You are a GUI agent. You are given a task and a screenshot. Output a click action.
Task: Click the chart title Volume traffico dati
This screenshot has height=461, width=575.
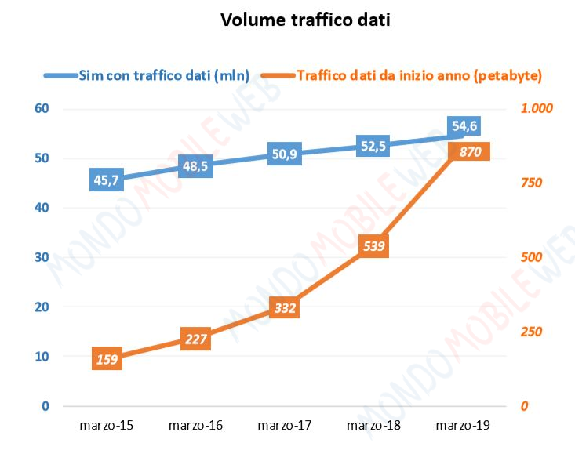(305, 20)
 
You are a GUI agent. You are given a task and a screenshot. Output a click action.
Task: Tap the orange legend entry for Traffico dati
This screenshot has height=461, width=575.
(420, 75)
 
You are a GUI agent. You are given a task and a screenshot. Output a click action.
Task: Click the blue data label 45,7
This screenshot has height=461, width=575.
(107, 181)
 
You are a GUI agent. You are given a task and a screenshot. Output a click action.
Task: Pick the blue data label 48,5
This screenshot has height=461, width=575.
(196, 167)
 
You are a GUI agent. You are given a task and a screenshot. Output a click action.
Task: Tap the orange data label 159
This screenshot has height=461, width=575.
(107, 360)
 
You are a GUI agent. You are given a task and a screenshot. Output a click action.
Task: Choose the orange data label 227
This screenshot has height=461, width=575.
(196, 339)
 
